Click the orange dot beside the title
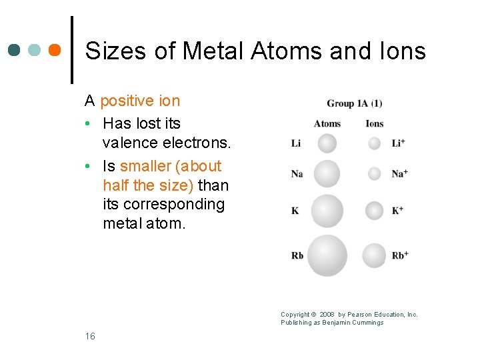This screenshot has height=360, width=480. [x=55, y=50]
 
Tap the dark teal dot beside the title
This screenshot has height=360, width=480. [x=15, y=50]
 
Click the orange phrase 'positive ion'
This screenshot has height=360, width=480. [x=140, y=101]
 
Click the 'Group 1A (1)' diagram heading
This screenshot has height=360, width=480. [x=354, y=103]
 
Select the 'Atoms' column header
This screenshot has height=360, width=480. [x=327, y=123]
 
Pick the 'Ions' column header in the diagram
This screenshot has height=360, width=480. [x=375, y=123]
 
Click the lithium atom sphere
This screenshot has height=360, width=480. [x=327, y=143]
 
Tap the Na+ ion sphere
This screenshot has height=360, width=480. [x=375, y=173]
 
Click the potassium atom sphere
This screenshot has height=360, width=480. [x=327, y=211]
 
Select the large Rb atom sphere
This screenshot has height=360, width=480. [x=327, y=255]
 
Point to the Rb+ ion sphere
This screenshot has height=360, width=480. [x=375, y=255]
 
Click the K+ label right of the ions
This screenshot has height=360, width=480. [x=398, y=211]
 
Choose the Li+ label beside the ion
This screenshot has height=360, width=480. [x=399, y=143]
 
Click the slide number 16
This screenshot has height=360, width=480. [x=90, y=336]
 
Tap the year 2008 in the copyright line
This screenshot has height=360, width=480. [x=327, y=315]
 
